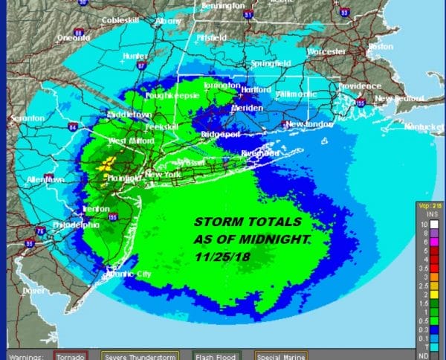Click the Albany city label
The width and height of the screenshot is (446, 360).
168,22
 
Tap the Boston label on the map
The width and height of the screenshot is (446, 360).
380,45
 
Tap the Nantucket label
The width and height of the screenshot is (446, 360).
424,127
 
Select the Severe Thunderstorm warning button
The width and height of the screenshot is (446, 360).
141,355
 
